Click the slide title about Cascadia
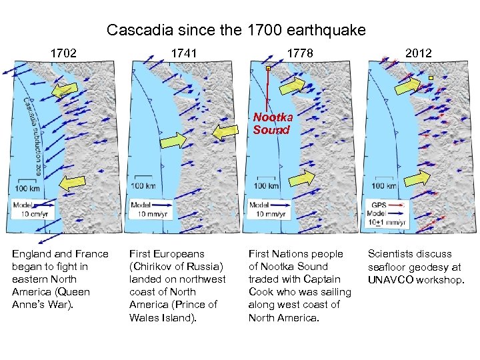(236, 30)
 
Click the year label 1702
(64, 53)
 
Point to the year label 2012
(418, 53)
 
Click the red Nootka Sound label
(272, 124)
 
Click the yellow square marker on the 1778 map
(268, 68)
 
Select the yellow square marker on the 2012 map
(431, 78)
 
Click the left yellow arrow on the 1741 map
(173, 141)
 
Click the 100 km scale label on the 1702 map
(26, 188)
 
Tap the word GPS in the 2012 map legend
(379, 205)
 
